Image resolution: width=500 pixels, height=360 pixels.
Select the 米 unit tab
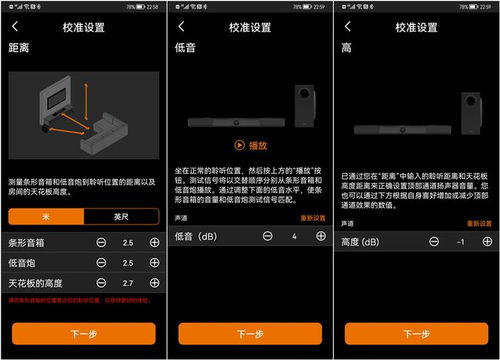(x=44, y=216)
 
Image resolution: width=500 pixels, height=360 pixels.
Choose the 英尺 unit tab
(x=120, y=216)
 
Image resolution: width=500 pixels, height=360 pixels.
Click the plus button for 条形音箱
(x=153, y=242)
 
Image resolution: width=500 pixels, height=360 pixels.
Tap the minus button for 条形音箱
(x=102, y=242)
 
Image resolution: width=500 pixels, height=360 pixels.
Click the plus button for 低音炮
(x=153, y=261)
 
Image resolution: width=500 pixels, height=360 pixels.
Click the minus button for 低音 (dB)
(x=267, y=236)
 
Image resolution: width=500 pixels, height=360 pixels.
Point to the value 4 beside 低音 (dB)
(x=293, y=236)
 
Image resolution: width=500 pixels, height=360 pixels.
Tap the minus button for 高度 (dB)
(x=433, y=241)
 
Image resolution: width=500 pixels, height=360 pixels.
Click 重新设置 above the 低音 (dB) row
(x=312, y=217)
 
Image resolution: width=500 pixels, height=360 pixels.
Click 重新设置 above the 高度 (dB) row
(x=477, y=222)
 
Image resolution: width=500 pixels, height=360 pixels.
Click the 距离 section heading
(x=19, y=47)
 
